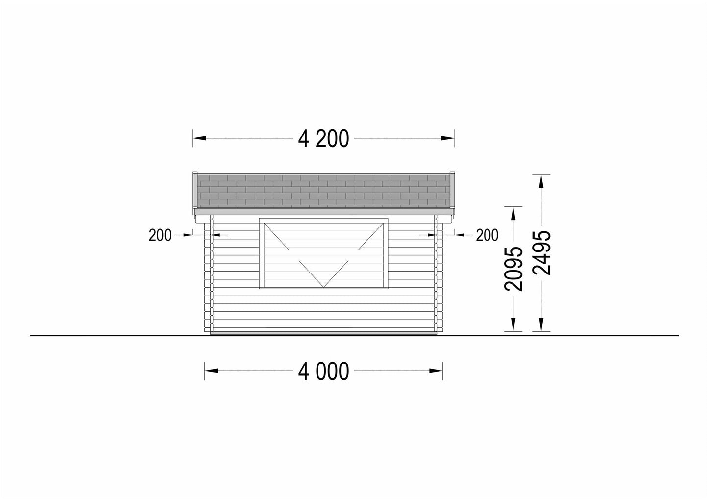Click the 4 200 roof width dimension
tap(323, 138)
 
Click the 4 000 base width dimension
tap(323, 371)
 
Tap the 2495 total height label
tap(542, 253)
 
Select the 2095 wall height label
tap(513, 269)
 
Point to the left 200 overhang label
tap(160, 235)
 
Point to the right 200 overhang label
tap(487, 235)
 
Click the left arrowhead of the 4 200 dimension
tap(199, 138)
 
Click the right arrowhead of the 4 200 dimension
tap(448, 138)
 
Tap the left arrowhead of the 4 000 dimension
tap(211, 371)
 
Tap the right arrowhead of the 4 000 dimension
tap(436, 371)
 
